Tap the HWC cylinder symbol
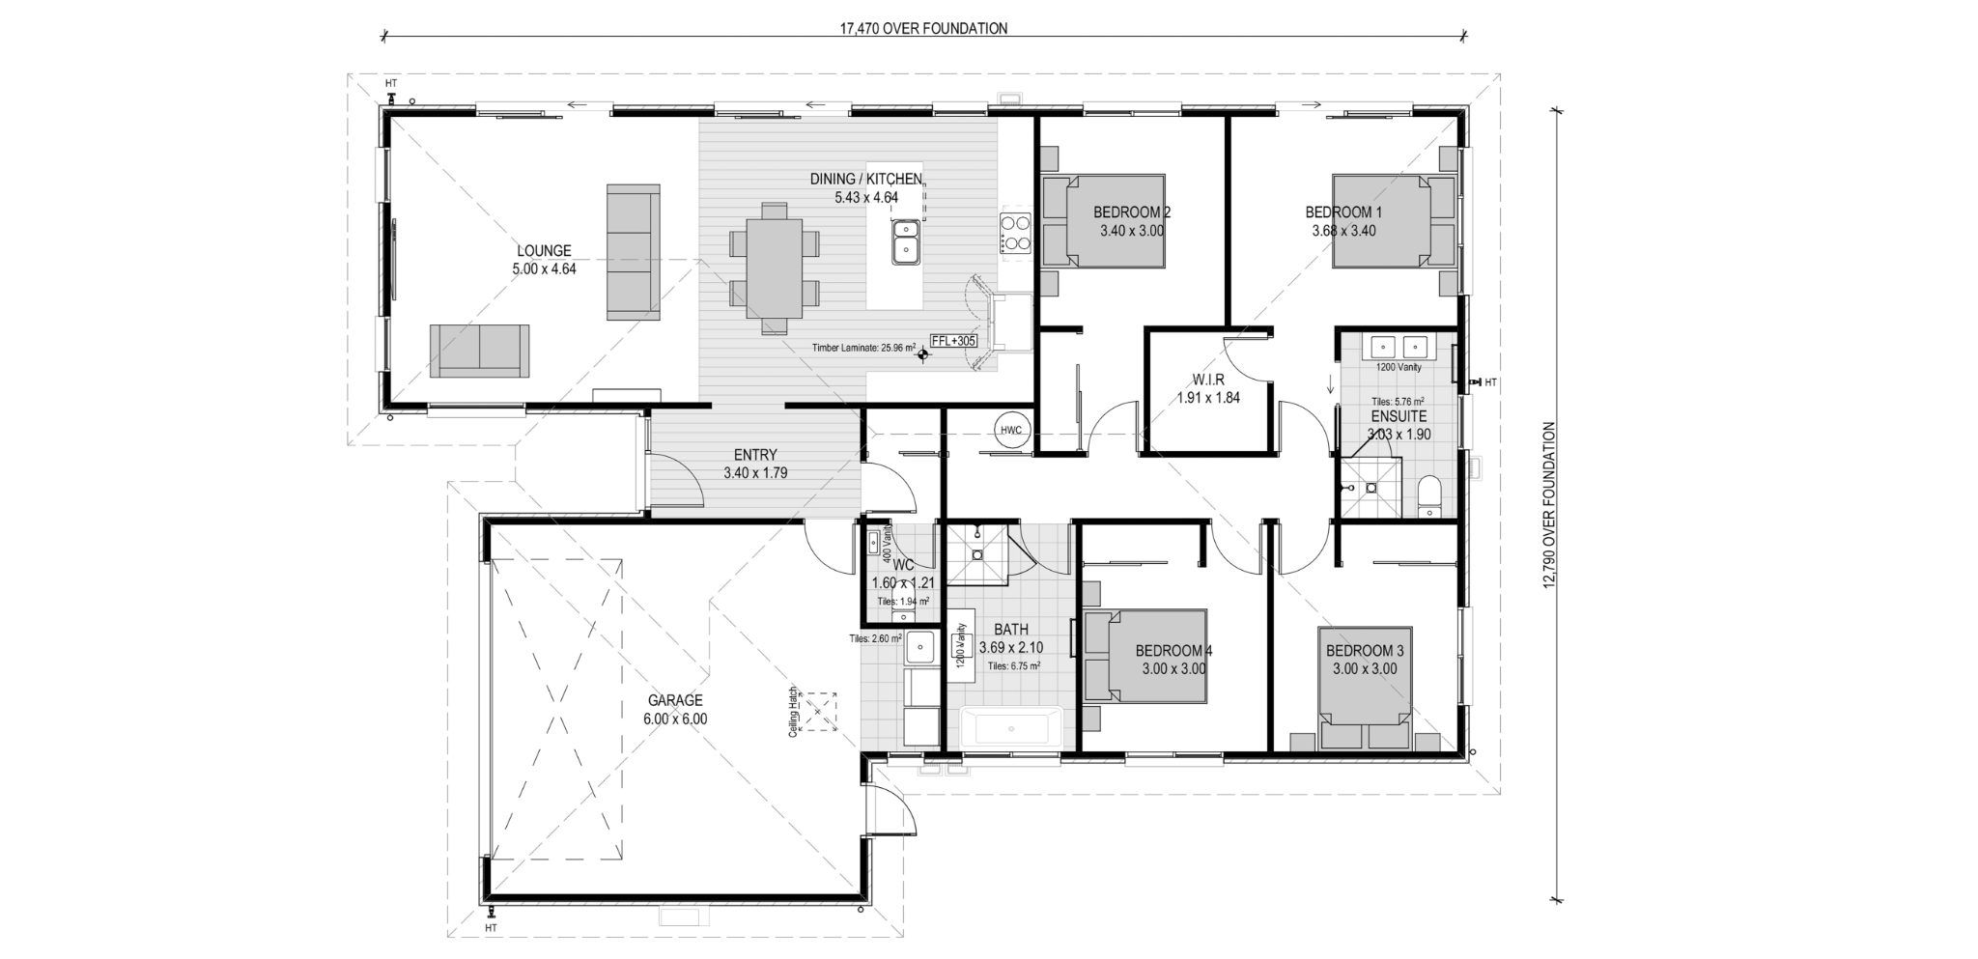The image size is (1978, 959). pos(1010,430)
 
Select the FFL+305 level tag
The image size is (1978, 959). pos(952,341)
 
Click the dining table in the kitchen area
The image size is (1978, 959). pos(774,268)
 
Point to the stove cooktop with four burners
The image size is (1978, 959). pos(1016,233)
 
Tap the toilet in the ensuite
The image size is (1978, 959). pos(1431,495)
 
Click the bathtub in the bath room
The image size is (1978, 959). pos(1012,727)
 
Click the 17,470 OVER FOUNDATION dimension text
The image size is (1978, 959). pos(924,29)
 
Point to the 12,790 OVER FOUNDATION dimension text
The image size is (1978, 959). pos(1550,504)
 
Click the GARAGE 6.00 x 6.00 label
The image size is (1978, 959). pos(675,710)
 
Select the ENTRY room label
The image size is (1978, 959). pos(755,465)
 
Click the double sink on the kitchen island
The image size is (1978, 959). pos(906,241)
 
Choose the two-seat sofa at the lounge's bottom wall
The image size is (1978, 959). pos(479,351)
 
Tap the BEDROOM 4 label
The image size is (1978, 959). pos(1173,650)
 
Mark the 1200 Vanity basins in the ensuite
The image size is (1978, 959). pos(1398,346)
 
